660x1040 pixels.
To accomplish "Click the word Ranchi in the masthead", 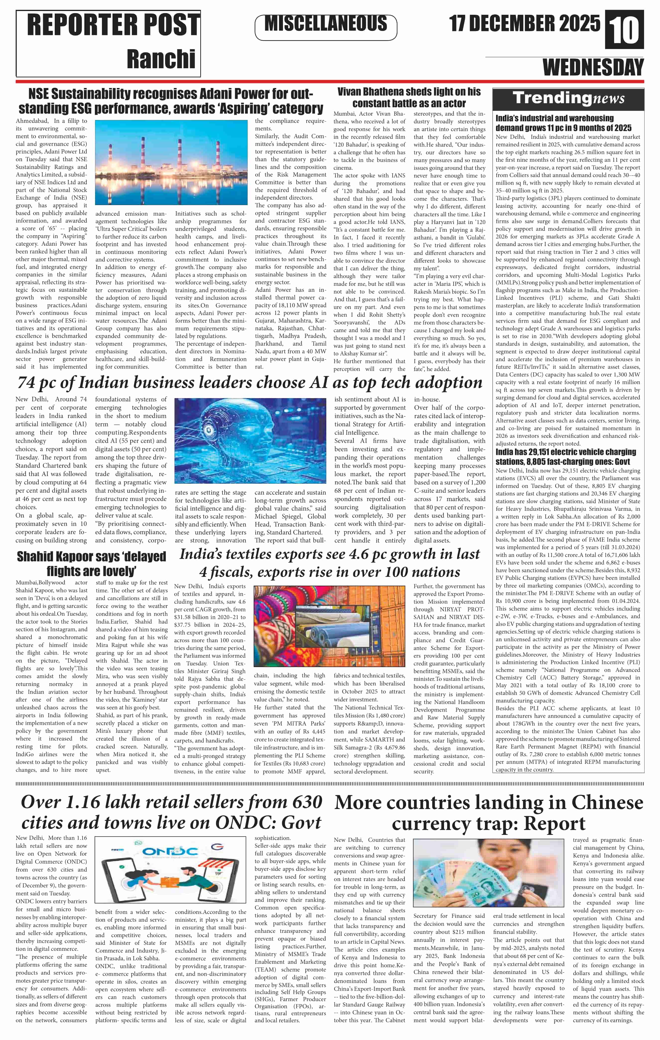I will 161,59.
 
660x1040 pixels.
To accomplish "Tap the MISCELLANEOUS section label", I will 326,24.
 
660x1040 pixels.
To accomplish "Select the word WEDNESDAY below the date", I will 593,68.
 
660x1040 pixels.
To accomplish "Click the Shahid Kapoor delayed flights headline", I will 91,564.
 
